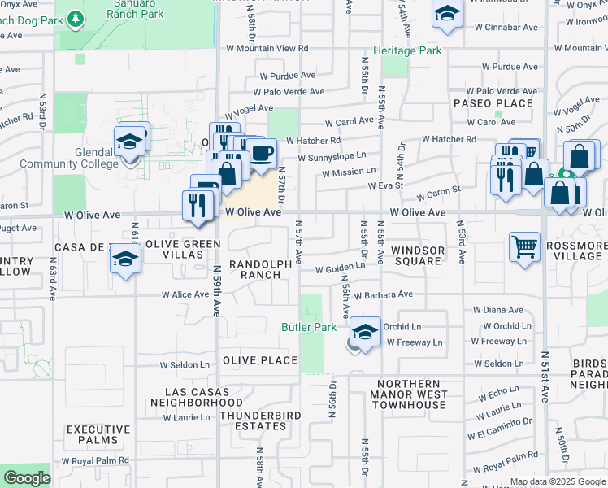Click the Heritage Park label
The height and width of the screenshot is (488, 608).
click(407, 51)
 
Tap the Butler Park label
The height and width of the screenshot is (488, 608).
click(309, 327)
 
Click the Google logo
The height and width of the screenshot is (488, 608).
click(26, 478)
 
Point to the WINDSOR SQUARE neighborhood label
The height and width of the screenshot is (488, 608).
click(416, 255)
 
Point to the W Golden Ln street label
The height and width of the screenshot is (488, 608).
click(340, 268)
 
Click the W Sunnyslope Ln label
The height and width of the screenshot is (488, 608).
click(332, 155)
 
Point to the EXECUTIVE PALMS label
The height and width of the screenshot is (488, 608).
click(98, 435)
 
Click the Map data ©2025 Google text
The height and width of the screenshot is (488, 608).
click(557, 481)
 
